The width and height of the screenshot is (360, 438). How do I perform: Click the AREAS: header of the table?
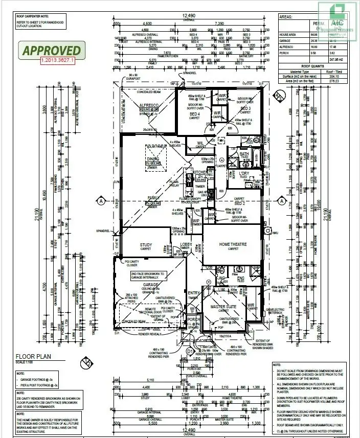point(286,17)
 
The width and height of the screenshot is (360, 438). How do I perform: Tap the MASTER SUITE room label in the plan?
point(223,306)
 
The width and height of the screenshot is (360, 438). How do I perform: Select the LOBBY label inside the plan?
point(185,244)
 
